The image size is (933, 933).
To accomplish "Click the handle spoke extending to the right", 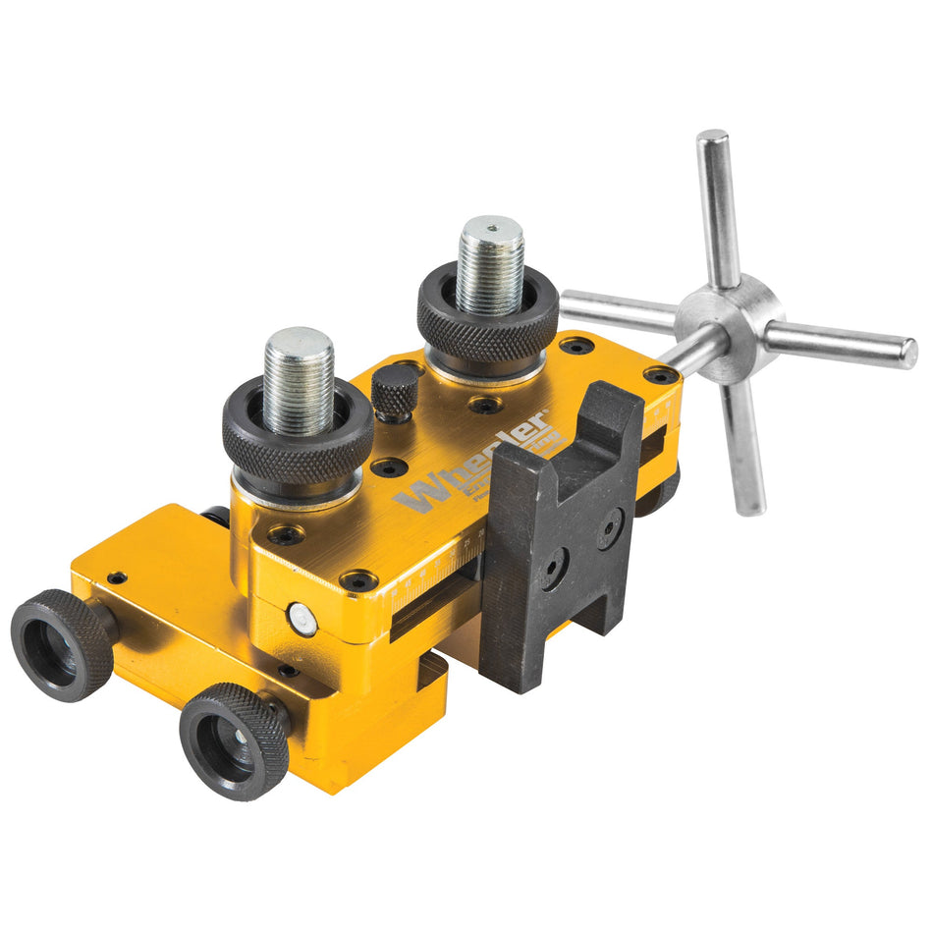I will [x=845, y=345].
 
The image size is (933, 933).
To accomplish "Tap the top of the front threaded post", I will [x=299, y=345].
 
